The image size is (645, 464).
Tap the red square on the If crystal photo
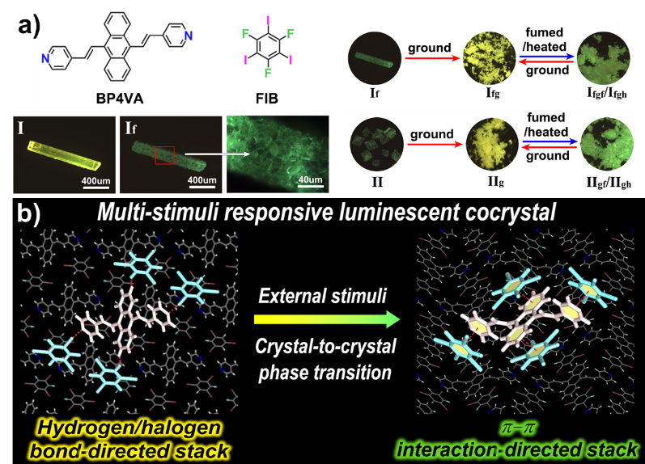pos(167,147)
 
